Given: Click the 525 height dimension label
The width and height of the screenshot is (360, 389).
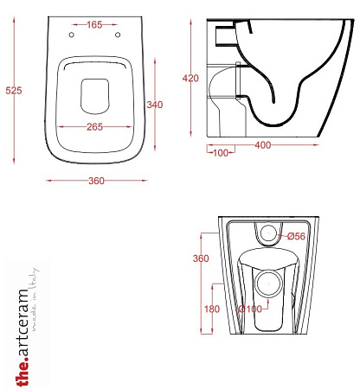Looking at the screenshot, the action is [14, 91].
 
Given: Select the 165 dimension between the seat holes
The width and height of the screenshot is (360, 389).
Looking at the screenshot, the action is [94, 25].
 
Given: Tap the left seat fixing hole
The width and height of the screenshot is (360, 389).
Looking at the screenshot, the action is [72, 35].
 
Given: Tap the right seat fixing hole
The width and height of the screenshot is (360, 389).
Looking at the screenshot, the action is [118, 35].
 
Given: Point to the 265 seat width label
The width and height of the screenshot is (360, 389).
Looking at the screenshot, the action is [94, 127].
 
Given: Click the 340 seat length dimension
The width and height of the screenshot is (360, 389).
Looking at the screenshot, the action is [155, 105].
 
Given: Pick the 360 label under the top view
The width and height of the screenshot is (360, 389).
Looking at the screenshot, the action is [96, 181].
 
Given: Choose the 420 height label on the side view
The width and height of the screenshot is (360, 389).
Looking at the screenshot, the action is [190, 78].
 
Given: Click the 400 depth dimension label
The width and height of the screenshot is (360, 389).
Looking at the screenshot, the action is [263, 145].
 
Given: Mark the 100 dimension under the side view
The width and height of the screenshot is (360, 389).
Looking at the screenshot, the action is [221, 153].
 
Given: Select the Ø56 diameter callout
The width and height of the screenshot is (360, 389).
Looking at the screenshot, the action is [296, 236].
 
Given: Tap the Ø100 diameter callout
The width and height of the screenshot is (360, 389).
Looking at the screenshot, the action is [250, 309].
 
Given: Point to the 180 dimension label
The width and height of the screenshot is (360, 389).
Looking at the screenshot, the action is [212, 309].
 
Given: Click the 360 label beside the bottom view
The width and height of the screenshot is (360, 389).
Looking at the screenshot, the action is [201, 258].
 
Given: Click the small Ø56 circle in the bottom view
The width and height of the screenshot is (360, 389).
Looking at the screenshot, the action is [268, 233].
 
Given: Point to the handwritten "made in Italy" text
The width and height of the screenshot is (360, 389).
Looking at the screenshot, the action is [34, 299].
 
